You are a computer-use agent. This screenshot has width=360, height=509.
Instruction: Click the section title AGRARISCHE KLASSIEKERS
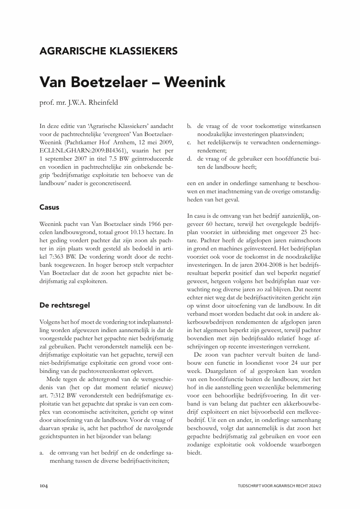coord(108,51)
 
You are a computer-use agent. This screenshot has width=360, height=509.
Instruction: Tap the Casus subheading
coord(49,207)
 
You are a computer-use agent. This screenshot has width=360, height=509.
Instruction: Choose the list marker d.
coord(189,159)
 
